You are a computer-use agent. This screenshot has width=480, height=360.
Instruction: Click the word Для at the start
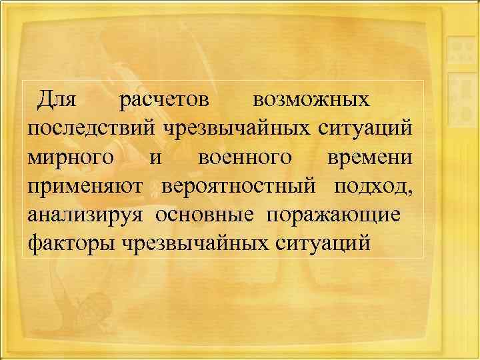(x=58, y=100)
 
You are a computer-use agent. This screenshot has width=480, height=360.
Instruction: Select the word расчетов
(x=164, y=100)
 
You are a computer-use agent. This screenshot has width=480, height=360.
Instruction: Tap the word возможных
(x=311, y=100)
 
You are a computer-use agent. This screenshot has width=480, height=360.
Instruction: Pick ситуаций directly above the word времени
(x=364, y=129)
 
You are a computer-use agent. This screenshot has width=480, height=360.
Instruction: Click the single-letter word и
(x=155, y=158)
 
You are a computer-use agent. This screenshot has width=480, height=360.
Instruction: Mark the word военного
(x=245, y=157)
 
